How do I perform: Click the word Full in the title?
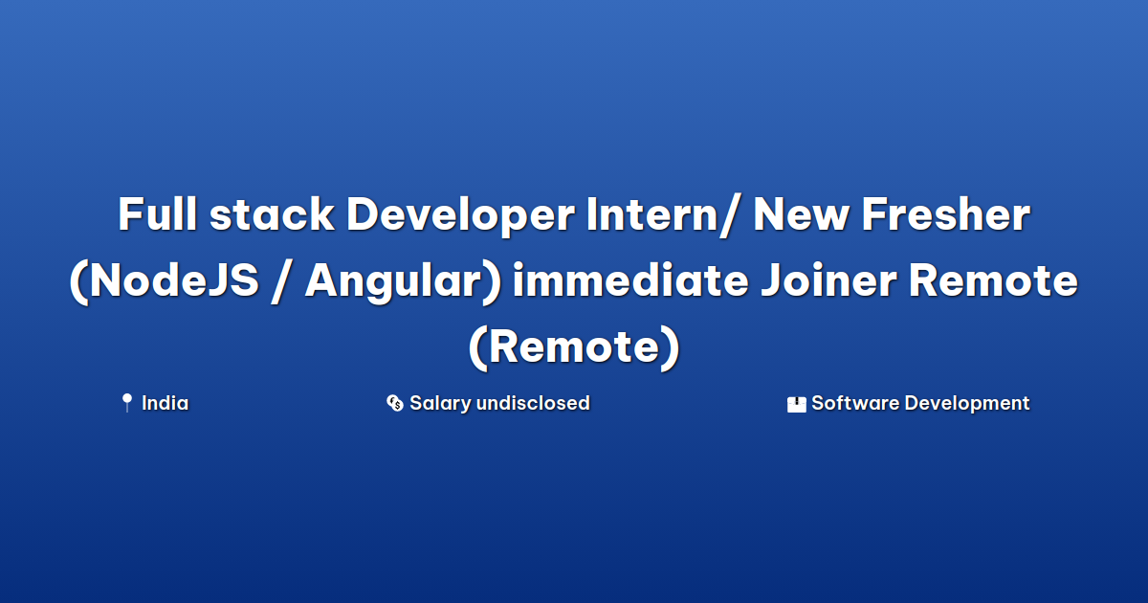tap(157, 213)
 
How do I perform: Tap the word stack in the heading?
tap(272, 213)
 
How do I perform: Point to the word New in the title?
tap(801, 214)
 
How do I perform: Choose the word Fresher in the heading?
tap(946, 213)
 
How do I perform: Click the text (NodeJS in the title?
tap(165, 281)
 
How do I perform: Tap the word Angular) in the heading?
tap(403, 282)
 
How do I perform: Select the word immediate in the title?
tap(630, 279)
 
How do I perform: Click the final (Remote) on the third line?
tap(574, 347)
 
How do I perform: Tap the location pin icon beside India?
tap(126, 403)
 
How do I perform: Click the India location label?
tap(165, 403)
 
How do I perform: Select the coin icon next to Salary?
tap(394, 403)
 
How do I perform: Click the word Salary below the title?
tap(440, 404)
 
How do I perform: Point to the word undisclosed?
tap(533, 403)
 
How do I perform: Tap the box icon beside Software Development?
tap(796, 404)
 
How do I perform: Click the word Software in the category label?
tap(855, 403)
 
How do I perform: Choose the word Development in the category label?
tap(967, 404)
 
